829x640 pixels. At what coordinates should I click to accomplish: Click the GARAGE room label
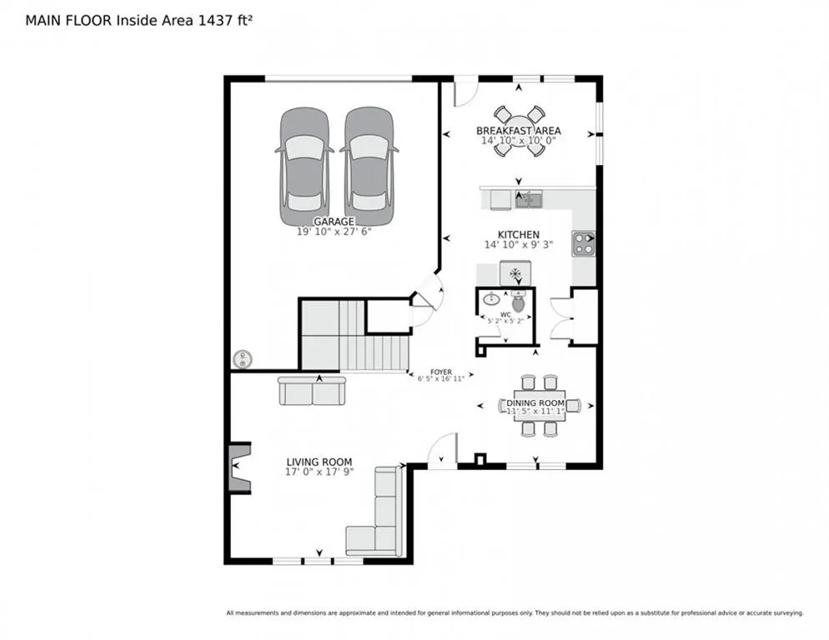[x=334, y=222]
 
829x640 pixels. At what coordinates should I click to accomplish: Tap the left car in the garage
[x=304, y=167]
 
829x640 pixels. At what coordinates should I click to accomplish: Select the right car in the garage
[x=369, y=167]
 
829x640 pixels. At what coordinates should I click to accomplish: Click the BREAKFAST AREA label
[x=518, y=131]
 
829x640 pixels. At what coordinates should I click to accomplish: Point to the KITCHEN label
[x=519, y=235]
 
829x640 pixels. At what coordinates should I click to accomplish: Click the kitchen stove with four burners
[x=584, y=244]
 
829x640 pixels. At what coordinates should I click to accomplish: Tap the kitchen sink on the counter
[x=528, y=200]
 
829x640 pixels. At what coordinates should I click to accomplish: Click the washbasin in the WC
[x=492, y=299]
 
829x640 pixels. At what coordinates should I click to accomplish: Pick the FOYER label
[x=441, y=372]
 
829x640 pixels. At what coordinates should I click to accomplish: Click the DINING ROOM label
[x=535, y=402]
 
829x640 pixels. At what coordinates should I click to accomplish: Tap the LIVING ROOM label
[x=319, y=462]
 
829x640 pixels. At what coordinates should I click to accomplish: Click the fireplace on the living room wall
[x=239, y=467]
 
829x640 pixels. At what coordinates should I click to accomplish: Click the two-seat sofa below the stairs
[x=311, y=391]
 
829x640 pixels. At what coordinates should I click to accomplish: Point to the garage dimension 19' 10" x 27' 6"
[x=334, y=232]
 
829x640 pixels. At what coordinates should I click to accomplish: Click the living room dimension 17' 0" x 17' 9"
[x=319, y=472]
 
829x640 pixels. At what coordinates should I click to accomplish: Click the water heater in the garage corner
[x=243, y=359]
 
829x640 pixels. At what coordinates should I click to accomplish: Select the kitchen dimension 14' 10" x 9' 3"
[x=519, y=245]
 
